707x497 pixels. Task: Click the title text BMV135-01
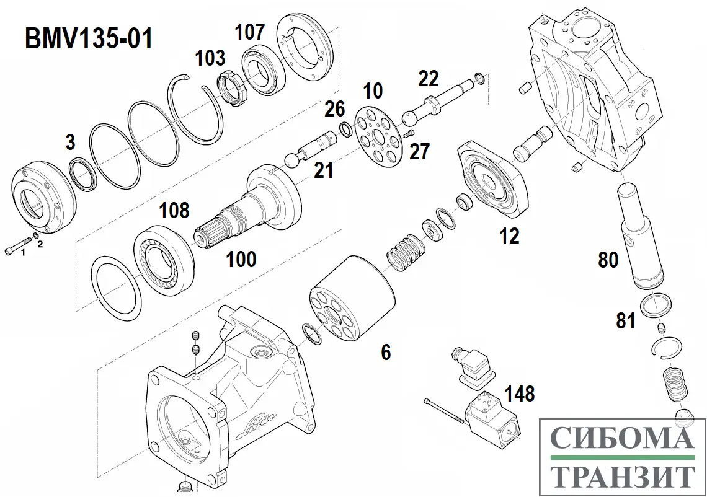pyautogui.click(x=87, y=38)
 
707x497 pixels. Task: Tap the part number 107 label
pyautogui.click(x=249, y=32)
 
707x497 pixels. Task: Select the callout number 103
pyautogui.click(x=210, y=58)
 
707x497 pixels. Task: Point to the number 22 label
pyautogui.click(x=428, y=79)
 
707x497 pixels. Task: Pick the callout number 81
pyautogui.click(x=626, y=320)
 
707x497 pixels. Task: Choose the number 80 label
pyautogui.click(x=608, y=260)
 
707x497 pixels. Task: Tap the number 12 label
pyautogui.click(x=509, y=235)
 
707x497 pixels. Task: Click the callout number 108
pyautogui.click(x=174, y=210)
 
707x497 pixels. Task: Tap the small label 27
pyautogui.click(x=419, y=151)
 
